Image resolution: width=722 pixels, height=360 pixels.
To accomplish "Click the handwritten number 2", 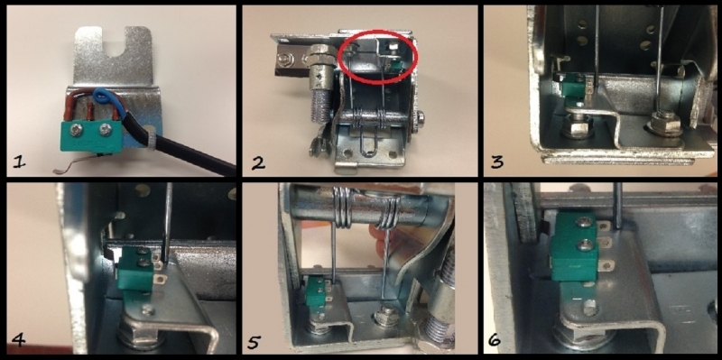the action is coord(258,162).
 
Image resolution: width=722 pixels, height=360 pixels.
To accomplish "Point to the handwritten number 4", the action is coord(17,340).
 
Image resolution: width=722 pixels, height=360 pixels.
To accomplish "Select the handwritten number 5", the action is coord(255,341).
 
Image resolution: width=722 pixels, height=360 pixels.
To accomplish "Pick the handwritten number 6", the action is coord(494,341).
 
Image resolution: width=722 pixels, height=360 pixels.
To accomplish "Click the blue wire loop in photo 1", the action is coord(104,98).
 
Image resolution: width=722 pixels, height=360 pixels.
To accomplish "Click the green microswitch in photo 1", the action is coord(92,135).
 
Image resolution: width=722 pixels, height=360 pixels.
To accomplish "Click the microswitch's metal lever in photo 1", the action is coord(76,163).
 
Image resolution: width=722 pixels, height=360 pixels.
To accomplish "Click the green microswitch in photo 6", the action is coord(575,248).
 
